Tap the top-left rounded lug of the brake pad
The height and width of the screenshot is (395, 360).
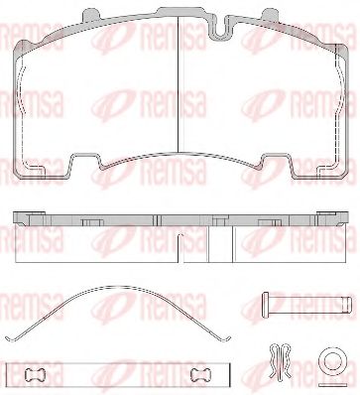90,15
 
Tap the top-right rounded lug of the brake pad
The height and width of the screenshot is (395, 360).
272,15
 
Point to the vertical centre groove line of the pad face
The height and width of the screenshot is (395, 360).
179,84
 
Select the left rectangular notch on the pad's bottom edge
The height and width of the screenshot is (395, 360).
85,161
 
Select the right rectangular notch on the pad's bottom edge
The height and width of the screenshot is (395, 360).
277,161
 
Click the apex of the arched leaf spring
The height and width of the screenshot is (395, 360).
120,287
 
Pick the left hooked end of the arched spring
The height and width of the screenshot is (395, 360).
11,338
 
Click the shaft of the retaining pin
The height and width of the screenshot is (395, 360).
310,302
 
